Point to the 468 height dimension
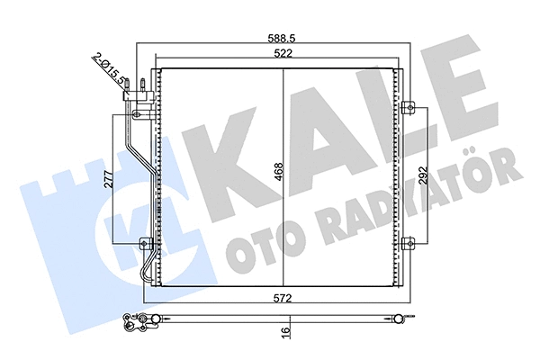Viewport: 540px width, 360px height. point(278,171)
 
